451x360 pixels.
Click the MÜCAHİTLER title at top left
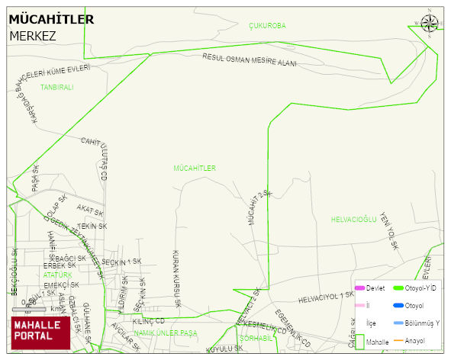[x=51, y=19]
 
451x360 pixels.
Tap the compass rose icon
[x=430, y=23]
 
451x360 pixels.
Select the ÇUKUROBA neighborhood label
[x=267, y=25]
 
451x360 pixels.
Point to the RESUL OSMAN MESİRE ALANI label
[x=250, y=60]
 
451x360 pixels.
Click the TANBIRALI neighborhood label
[x=56, y=88]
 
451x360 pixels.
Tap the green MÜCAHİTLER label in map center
[x=195, y=168]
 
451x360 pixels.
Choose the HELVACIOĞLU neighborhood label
[x=354, y=220]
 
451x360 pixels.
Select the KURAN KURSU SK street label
[x=176, y=278]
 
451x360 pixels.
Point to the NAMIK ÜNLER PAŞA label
[x=165, y=333]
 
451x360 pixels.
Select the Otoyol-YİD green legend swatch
[x=397, y=288]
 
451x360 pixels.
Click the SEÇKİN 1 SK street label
[x=121, y=262]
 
